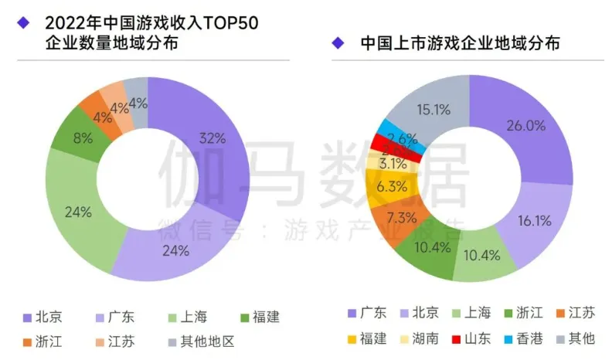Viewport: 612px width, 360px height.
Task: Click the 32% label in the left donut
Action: pyautogui.click(x=212, y=139)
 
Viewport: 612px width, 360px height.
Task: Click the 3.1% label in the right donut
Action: pyautogui.click(x=394, y=164)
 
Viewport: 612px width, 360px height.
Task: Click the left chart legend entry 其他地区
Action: pyautogui.click(x=204, y=341)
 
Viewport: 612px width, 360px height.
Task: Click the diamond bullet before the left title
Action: pyautogui.click(x=23, y=22)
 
